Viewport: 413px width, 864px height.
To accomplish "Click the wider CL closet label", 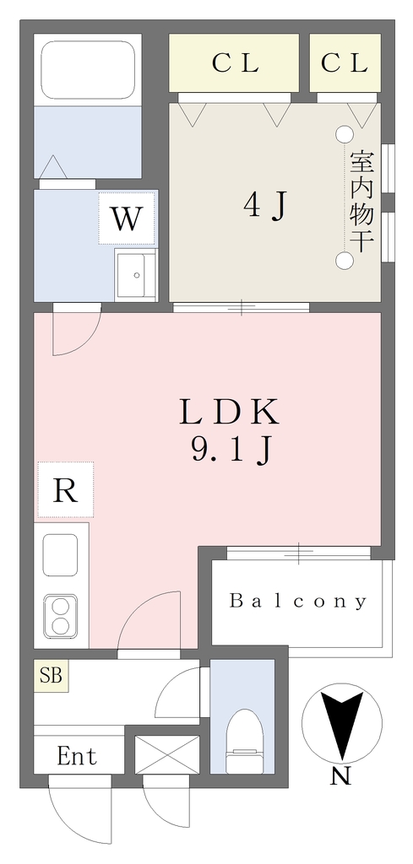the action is tap(236, 64).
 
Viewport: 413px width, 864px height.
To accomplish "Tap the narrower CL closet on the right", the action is tap(345, 62).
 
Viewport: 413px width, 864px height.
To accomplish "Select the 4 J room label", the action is tap(266, 206).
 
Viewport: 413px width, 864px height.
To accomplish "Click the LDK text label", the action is tap(229, 413).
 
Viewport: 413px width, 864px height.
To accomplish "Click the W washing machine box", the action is tap(127, 219).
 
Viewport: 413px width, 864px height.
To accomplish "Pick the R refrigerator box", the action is tap(66, 490).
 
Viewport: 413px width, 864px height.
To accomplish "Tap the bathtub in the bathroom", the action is tap(88, 70).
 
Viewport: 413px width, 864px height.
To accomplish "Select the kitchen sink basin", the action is tap(60, 555).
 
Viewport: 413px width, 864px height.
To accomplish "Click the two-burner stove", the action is tap(61, 617).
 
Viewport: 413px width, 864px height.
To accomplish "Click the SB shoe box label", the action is tap(51, 676).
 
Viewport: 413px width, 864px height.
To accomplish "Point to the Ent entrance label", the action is tap(77, 757).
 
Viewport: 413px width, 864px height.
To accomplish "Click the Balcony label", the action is tap(298, 601).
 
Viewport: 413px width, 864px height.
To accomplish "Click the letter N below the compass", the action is tap(341, 776).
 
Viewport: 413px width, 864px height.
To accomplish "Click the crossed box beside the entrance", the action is tap(167, 755).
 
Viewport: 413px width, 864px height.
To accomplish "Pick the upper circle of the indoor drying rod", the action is tap(345, 133).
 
